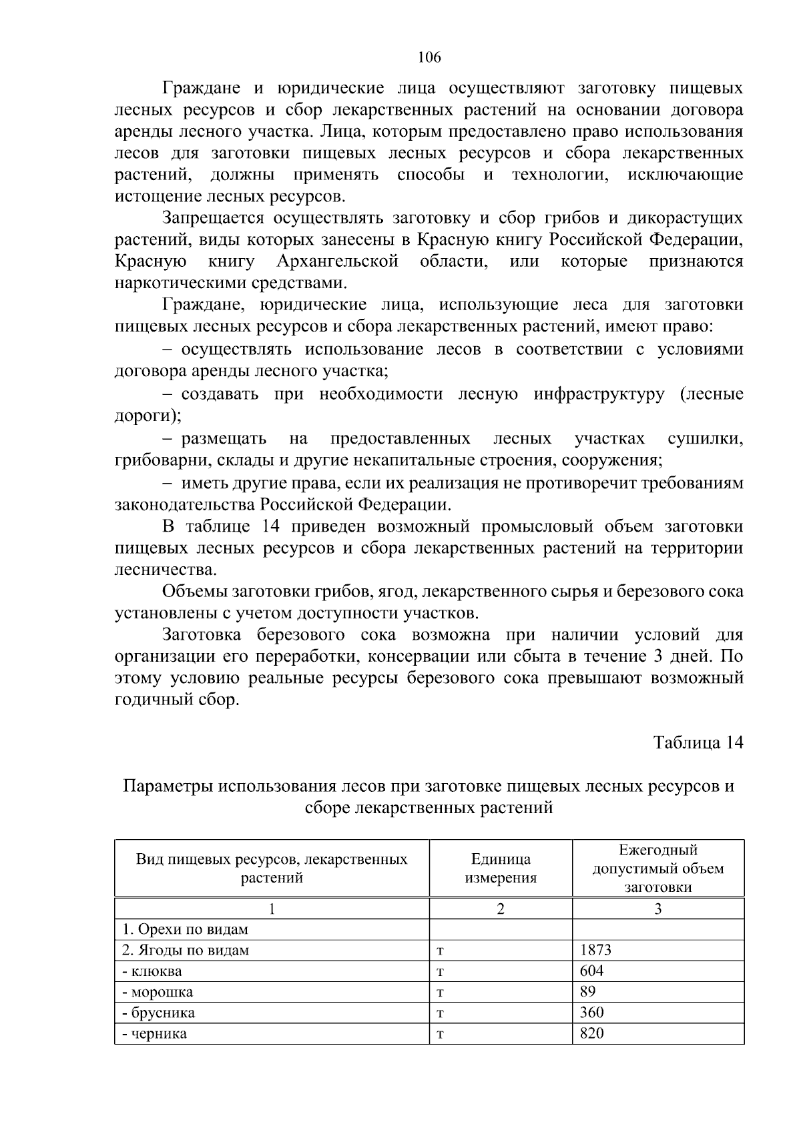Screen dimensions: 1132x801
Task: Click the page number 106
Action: pos(429,57)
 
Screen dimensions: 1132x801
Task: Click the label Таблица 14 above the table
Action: pos(698,742)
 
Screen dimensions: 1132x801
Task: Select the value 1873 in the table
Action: pos(595,950)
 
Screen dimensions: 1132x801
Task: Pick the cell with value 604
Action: pos(591,971)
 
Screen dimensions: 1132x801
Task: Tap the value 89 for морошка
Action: pos(588,991)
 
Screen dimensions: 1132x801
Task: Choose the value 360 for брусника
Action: pos(591,1012)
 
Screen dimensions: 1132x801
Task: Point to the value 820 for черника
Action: pos(591,1033)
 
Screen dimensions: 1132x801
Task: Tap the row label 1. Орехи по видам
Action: pos(185,929)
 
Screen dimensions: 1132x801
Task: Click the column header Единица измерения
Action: pos(501,868)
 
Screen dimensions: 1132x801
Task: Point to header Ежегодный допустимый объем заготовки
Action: pos(657,868)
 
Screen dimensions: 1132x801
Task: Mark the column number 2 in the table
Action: pos(501,909)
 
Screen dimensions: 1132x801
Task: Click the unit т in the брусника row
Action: pos(441,1013)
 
